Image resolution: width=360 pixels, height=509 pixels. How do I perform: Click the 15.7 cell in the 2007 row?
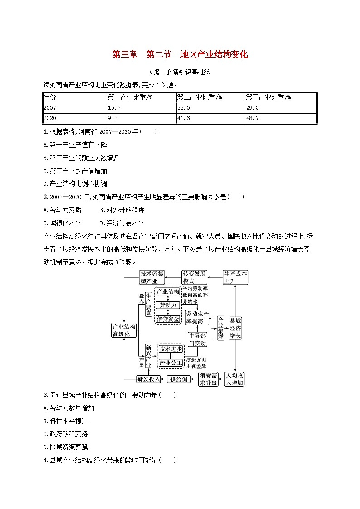click(114, 108)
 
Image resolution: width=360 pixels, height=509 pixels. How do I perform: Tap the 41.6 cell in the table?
click(184, 118)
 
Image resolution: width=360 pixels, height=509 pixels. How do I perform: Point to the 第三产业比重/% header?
click(268, 97)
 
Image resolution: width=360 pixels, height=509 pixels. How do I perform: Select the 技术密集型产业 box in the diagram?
click(152, 277)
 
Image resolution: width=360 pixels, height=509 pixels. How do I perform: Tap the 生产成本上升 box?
click(236, 277)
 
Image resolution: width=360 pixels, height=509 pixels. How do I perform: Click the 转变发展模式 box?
click(194, 277)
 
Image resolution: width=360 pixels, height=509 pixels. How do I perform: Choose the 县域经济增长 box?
click(236, 328)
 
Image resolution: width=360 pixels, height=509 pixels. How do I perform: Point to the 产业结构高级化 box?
click(124, 330)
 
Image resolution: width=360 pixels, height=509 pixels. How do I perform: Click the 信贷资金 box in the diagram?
click(168, 319)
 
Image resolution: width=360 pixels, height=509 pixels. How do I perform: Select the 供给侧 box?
click(178, 378)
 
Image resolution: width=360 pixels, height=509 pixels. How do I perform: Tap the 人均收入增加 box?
click(235, 379)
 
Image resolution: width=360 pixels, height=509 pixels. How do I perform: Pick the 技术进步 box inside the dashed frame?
click(170, 349)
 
